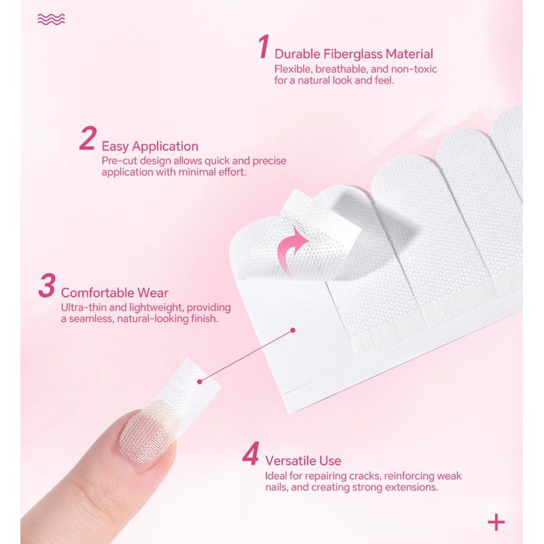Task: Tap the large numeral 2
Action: (x=88, y=138)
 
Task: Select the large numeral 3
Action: (x=47, y=285)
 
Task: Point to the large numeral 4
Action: (x=250, y=453)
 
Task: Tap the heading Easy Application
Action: (x=150, y=146)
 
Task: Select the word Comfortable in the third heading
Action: (x=97, y=293)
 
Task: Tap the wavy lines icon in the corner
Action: (x=52, y=20)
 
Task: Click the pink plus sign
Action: (x=496, y=522)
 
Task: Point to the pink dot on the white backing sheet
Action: (x=293, y=330)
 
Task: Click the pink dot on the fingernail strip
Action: (x=199, y=381)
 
